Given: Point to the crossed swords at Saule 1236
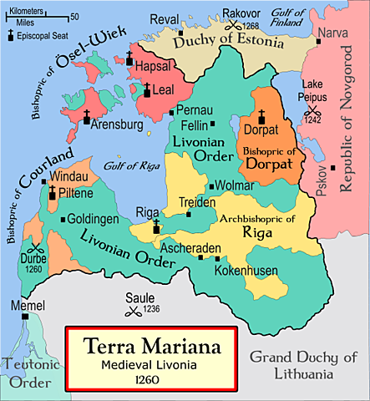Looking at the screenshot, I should click(x=131, y=312).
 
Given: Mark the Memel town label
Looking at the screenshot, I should click(x=28, y=306).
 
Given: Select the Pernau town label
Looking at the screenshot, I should click(x=194, y=110).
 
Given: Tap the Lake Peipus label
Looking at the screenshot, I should click(x=312, y=89).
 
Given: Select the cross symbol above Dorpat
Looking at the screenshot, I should click(x=261, y=114).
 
